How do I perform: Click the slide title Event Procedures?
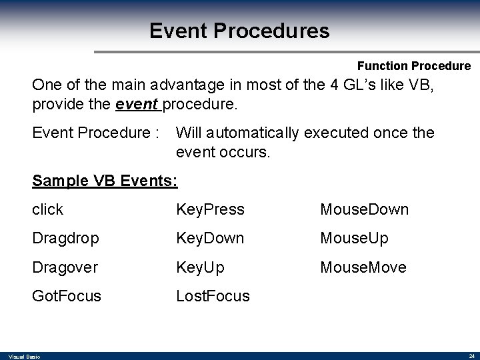pos(239,31)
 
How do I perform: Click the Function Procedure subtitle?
pos(413,66)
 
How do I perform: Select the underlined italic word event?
pos(138,105)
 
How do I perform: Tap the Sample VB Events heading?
pos(104,181)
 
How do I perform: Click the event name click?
pos(47,209)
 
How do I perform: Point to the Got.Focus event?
pos(67,296)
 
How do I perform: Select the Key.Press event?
pos(210,209)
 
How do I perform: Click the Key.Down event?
pos(210,239)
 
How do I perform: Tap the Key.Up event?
pos(200,267)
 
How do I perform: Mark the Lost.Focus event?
pos(213,296)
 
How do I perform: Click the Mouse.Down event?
pos(364,209)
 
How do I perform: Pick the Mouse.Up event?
pos(354,239)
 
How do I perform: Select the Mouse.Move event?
pos(363,267)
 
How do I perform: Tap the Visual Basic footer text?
pos(24,357)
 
